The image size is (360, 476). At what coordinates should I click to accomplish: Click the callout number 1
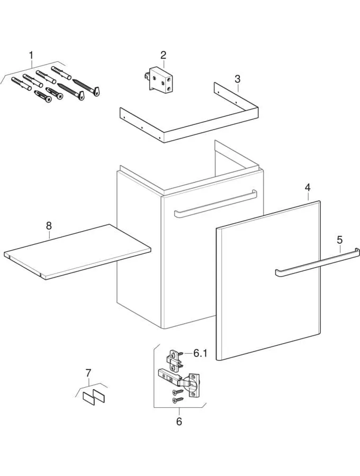point(31,55)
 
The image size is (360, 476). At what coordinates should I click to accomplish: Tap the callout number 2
point(164,55)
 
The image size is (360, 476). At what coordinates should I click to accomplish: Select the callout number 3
point(238,79)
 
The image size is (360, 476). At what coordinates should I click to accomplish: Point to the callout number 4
point(307,187)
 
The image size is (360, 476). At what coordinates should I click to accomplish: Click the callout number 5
point(340,239)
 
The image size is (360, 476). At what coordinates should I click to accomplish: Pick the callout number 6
point(179,421)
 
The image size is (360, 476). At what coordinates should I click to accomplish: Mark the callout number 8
point(49,225)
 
